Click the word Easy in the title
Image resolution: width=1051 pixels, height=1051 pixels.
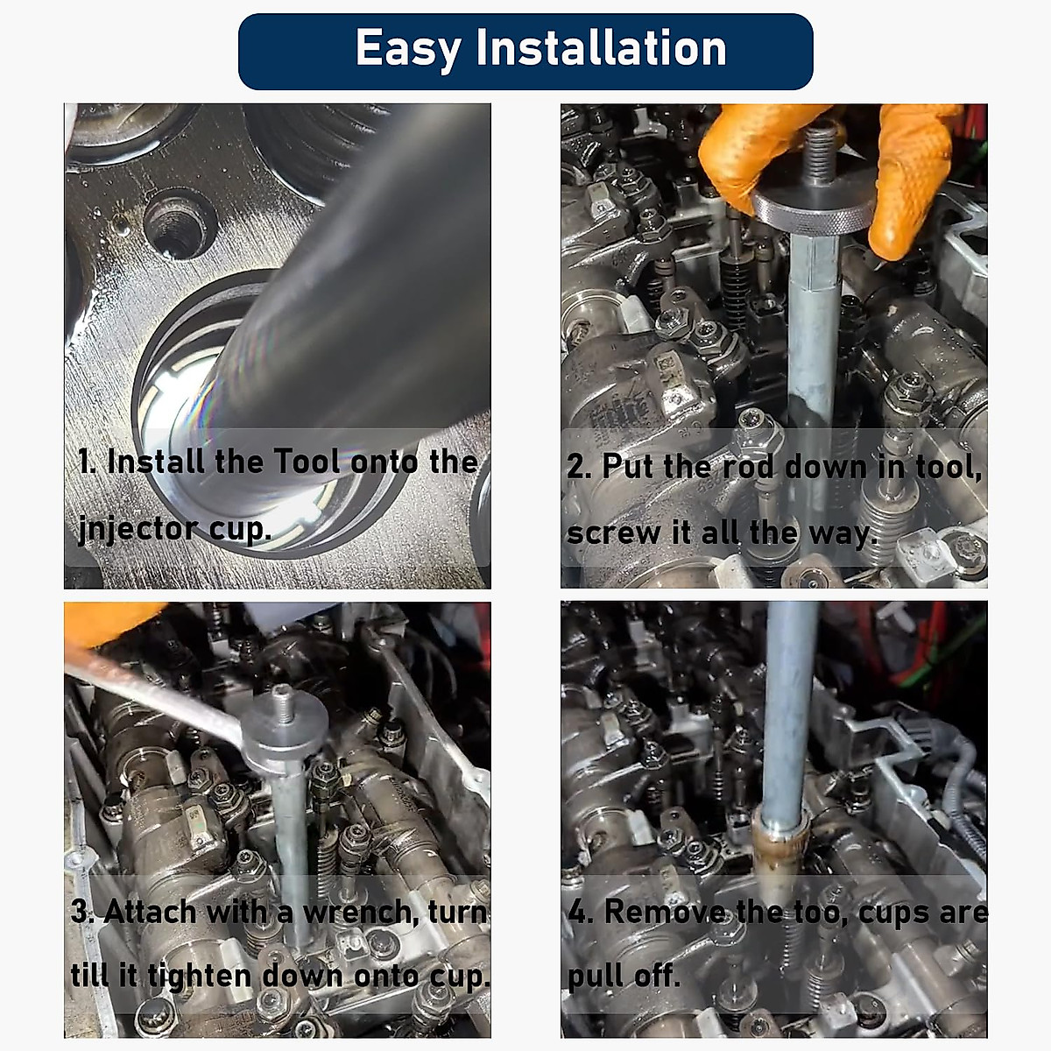[x=407, y=49]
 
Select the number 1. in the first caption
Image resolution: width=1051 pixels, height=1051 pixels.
[x=87, y=462]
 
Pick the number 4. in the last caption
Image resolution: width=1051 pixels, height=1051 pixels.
[x=580, y=912]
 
